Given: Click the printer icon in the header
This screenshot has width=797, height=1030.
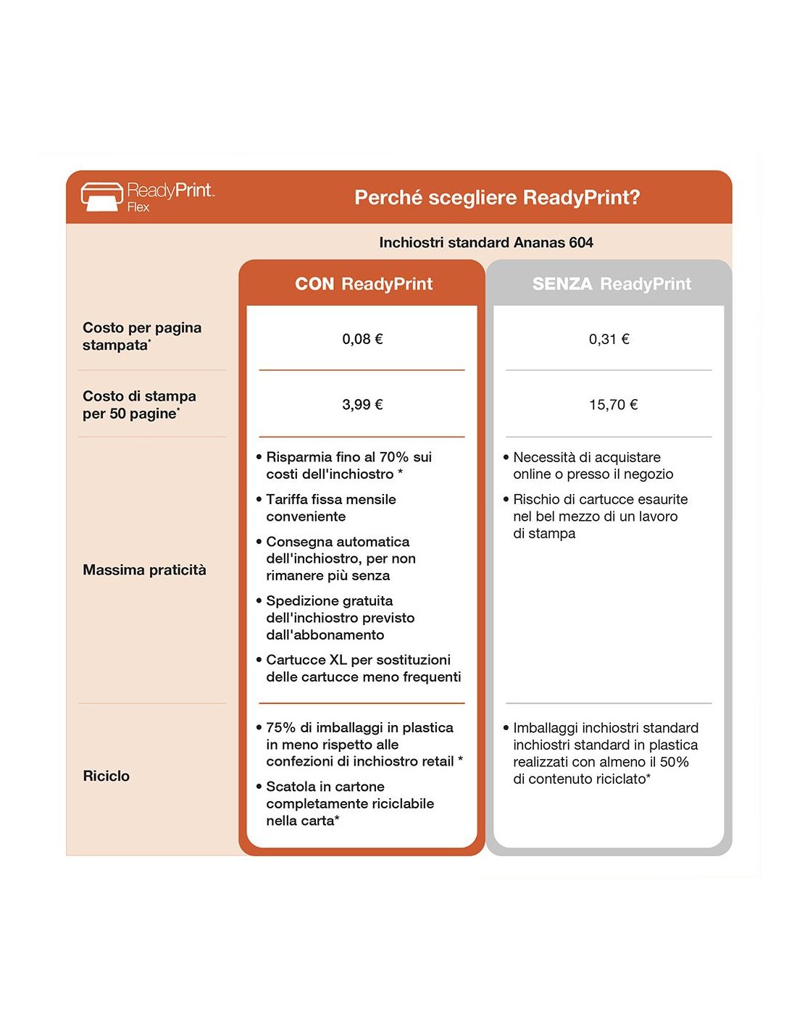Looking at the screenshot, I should [x=101, y=196].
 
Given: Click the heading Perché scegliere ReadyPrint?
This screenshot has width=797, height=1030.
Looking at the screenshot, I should [x=497, y=197].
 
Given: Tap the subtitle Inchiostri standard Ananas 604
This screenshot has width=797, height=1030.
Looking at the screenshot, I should [x=485, y=243].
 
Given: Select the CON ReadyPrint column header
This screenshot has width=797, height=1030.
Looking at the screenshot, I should [x=363, y=284].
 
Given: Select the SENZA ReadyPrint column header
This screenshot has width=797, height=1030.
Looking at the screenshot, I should [x=612, y=284].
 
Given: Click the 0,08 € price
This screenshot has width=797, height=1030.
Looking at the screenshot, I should [x=362, y=339].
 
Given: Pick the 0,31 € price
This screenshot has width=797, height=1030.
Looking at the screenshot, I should [x=609, y=339].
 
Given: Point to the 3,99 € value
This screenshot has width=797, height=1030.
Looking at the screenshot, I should [x=362, y=405].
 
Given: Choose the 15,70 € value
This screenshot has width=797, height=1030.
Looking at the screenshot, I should [x=613, y=405].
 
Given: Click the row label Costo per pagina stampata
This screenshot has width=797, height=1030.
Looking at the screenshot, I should [x=141, y=336].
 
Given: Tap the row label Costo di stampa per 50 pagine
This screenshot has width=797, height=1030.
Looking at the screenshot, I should [x=139, y=405].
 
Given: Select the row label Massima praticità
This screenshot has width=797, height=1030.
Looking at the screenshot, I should [x=144, y=570].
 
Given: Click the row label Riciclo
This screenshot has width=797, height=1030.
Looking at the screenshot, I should [x=107, y=776].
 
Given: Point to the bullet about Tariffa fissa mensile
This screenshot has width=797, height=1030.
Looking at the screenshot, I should [x=331, y=508].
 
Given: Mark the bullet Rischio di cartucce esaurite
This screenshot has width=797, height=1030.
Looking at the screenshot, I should [x=599, y=516].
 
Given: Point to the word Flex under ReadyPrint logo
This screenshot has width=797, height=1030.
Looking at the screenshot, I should [x=138, y=207].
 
